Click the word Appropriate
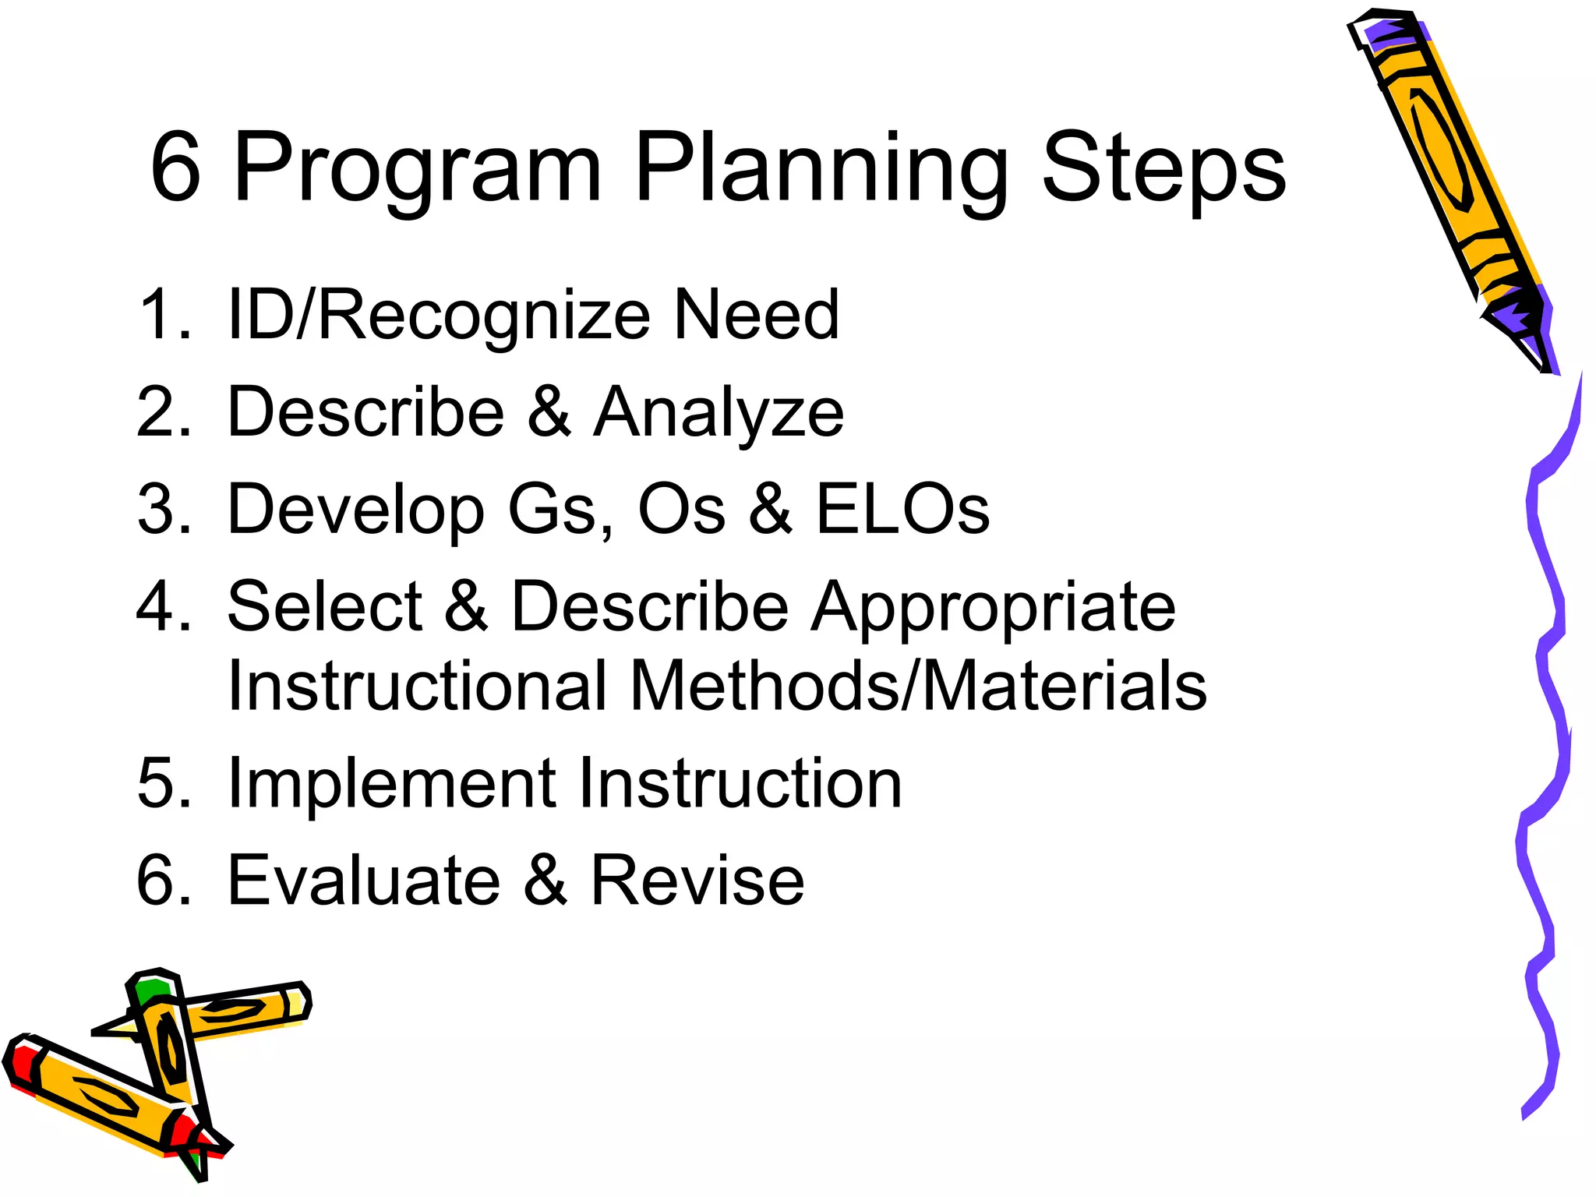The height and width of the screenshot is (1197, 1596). [993, 608]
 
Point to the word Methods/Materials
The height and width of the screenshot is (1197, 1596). [918, 686]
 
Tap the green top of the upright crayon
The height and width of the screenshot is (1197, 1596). [150, 990]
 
